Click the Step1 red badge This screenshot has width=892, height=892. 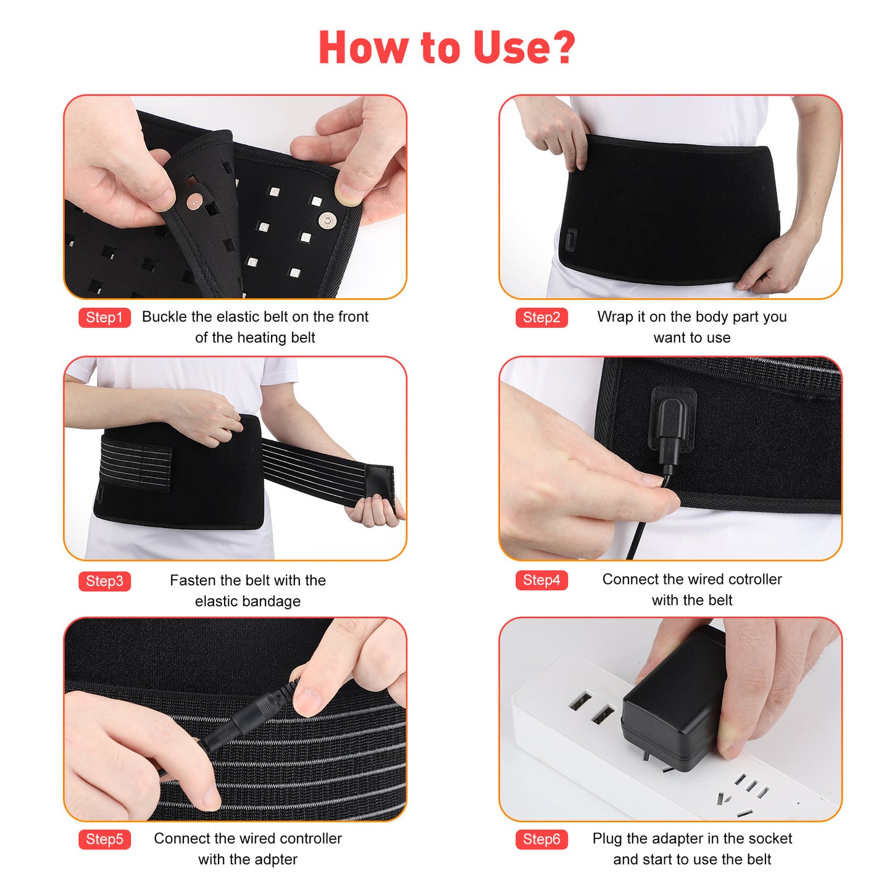104,317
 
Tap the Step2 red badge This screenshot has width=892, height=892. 541,317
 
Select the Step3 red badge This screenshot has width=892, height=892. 104,581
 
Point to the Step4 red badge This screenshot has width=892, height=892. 541,580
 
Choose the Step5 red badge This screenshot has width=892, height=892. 104,839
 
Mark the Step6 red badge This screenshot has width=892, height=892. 541,839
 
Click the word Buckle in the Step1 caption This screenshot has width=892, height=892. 164,317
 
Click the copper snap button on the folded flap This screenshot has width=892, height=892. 196,201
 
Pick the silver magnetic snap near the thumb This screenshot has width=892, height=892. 327,220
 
